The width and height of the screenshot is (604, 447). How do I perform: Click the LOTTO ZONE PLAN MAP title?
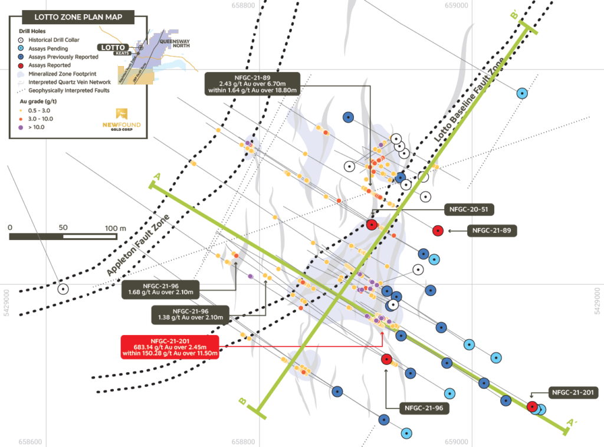pos(71,18)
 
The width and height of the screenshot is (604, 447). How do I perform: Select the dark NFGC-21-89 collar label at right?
pos(492,231)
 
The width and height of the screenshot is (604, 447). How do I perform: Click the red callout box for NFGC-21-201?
pos(169,347)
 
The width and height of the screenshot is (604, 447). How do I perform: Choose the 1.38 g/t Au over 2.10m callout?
pos(190,314)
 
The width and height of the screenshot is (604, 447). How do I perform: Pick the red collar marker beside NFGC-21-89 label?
pos(438,231)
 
